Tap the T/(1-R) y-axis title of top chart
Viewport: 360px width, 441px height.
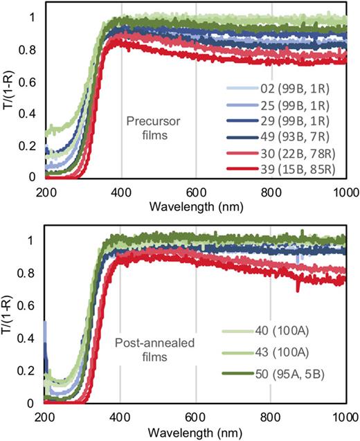8,93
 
